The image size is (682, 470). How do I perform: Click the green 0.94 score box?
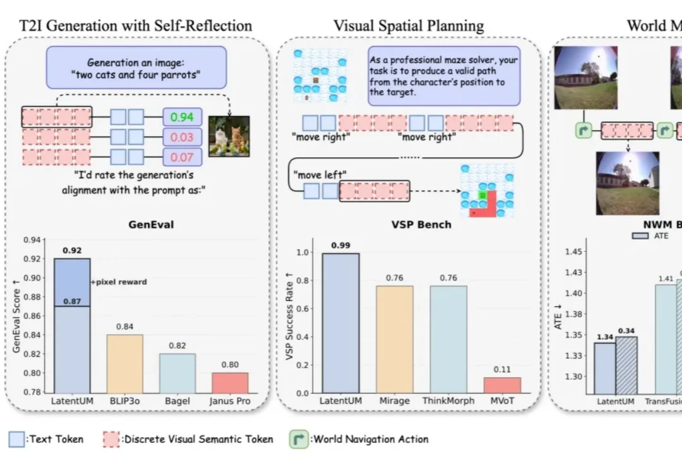[182, 117]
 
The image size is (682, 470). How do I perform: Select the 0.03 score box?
[182, 137]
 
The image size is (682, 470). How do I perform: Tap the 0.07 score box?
[182, 157]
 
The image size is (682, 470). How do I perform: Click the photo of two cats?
[229, 136]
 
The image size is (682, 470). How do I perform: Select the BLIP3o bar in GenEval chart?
[124, 363]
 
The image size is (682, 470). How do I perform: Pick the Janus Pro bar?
[230, 382]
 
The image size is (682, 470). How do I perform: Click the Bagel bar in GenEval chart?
[177, 372]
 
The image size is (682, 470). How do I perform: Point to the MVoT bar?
[503, 385]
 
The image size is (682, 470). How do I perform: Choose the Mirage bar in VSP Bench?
[395, 339]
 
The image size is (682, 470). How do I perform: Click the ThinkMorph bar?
[449, 339]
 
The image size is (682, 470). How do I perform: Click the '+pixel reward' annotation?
[119, 282]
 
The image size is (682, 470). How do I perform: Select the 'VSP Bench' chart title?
[421, 224]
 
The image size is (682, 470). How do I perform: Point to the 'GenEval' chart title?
[151, 224]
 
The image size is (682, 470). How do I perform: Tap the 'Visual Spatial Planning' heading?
[409, 26]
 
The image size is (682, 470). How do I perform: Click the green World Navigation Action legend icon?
[298, 439]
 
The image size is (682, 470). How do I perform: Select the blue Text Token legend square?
[17, 439]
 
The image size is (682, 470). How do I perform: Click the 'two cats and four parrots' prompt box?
[136, 68]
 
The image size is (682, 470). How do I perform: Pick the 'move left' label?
[319, 174]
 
